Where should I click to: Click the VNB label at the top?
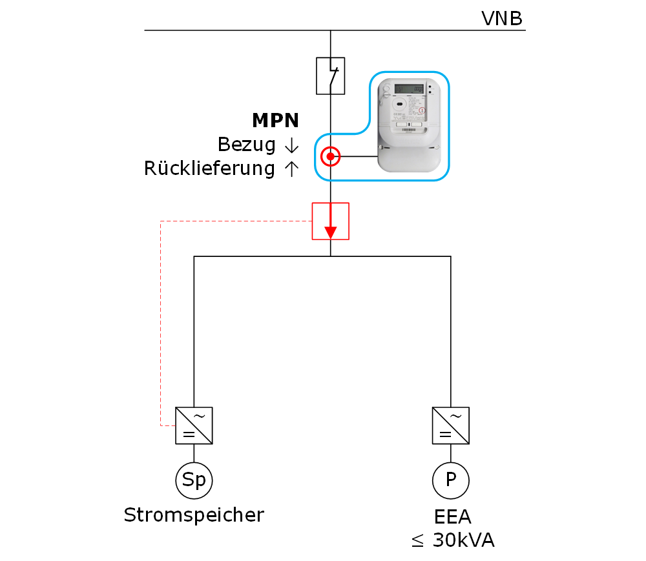502,19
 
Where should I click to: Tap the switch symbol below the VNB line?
330,76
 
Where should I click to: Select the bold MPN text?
275,120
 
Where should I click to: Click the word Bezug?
247,144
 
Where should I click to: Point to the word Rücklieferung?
209,168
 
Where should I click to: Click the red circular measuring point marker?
330,156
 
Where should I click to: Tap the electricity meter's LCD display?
410,88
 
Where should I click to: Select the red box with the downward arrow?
330,221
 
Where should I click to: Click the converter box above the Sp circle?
194,425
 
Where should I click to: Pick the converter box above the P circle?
450,425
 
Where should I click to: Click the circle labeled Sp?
194,480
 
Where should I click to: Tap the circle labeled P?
450,480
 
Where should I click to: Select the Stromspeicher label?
194,515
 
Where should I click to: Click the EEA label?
453,517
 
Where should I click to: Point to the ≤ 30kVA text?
453,540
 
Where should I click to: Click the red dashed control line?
160,323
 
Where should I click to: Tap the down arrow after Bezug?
291,145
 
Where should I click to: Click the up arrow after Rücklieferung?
291,168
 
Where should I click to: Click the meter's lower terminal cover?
410,159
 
